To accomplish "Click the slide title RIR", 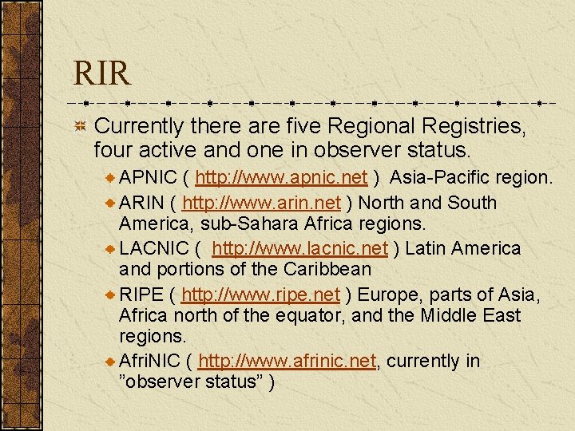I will coord(101,73).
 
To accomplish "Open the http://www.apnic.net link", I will coord(280,177).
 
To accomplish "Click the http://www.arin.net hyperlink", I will coord(261,203).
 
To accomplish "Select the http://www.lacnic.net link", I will coord(299,249).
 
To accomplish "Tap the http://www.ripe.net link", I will coord(260,295).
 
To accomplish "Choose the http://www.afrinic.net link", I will coord(286,362).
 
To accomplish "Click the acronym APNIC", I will coord(148,177).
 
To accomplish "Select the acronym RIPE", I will coord(140,295).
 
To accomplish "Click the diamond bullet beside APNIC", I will coord(111,177).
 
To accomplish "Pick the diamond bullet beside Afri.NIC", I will coord(111,362).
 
